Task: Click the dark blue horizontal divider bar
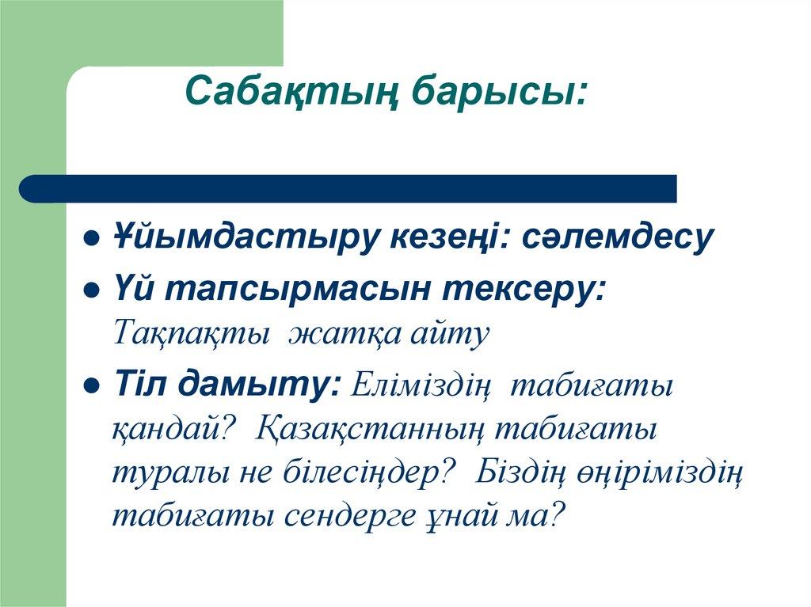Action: pos(348,188)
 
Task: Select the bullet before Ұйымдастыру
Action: pos(92,238)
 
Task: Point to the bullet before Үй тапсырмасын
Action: pos(92,290)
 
